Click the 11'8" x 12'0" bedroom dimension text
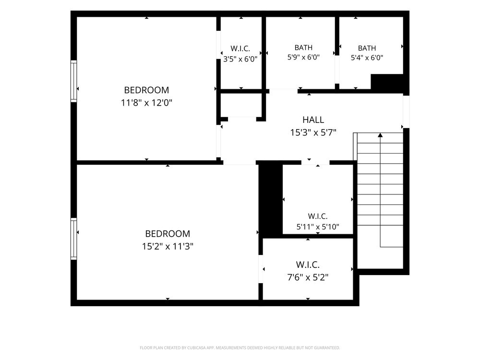(x=146, y=103)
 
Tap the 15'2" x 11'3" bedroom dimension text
(x=168, y=246)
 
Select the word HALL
(x=313, y=120)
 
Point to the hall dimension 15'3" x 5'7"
(x=313, y=132)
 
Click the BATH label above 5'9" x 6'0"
(x=303, y=48)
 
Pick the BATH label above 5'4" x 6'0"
(x=367, y=48)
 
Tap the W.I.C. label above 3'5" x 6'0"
(x=240, y=48)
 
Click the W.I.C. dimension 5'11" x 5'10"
(x=318, y=227)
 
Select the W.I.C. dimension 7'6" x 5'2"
(x=308, y=277)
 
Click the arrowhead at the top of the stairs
(x=380, y=135)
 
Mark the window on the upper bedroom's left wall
(x=74, y=81)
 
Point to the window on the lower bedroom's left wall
(x=74, y=239)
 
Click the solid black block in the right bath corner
(x=387, y=82)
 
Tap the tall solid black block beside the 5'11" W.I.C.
(x=271, y=200)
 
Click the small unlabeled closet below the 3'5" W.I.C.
(x=241, y=105)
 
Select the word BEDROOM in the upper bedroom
(x=146, y=90)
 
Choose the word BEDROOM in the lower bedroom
(x=168, y=234)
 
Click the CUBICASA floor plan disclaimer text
(x=240, y=348)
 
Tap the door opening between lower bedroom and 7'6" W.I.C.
(x=261, y=269)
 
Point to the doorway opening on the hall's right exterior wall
(x=406, y=112)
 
